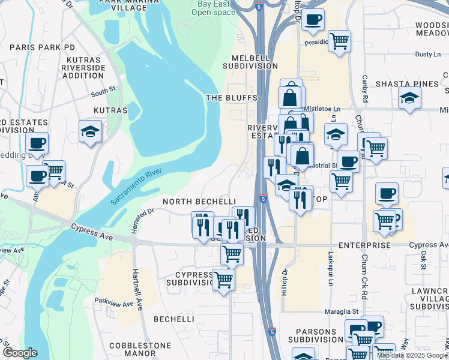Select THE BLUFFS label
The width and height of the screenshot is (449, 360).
pyautogui.click(x=231, y=97)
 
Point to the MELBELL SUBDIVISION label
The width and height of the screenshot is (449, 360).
pyautogui.click(x=250, y=62)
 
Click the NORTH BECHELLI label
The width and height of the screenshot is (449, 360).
pyautogui.click(x=198, y=202)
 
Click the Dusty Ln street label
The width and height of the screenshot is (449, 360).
pyautogui.click(x=429, y=55)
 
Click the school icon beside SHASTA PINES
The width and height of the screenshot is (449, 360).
pyautogui.click(x=410, y=98)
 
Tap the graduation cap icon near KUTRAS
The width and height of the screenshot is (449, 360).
pyautogui.click(x=90, y=131)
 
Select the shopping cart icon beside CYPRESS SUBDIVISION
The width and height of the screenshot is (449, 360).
pyautogui.click(x=223, y=279)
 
